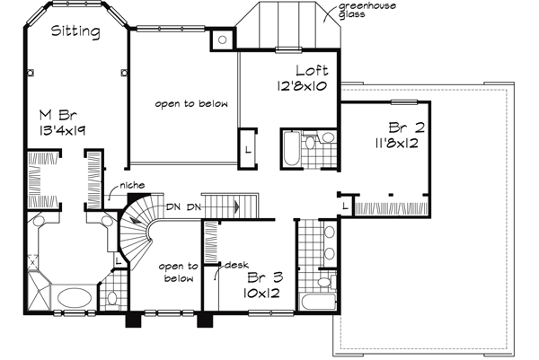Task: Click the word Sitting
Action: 75,32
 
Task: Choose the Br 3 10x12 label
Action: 264,285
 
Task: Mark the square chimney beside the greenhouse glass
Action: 220,40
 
